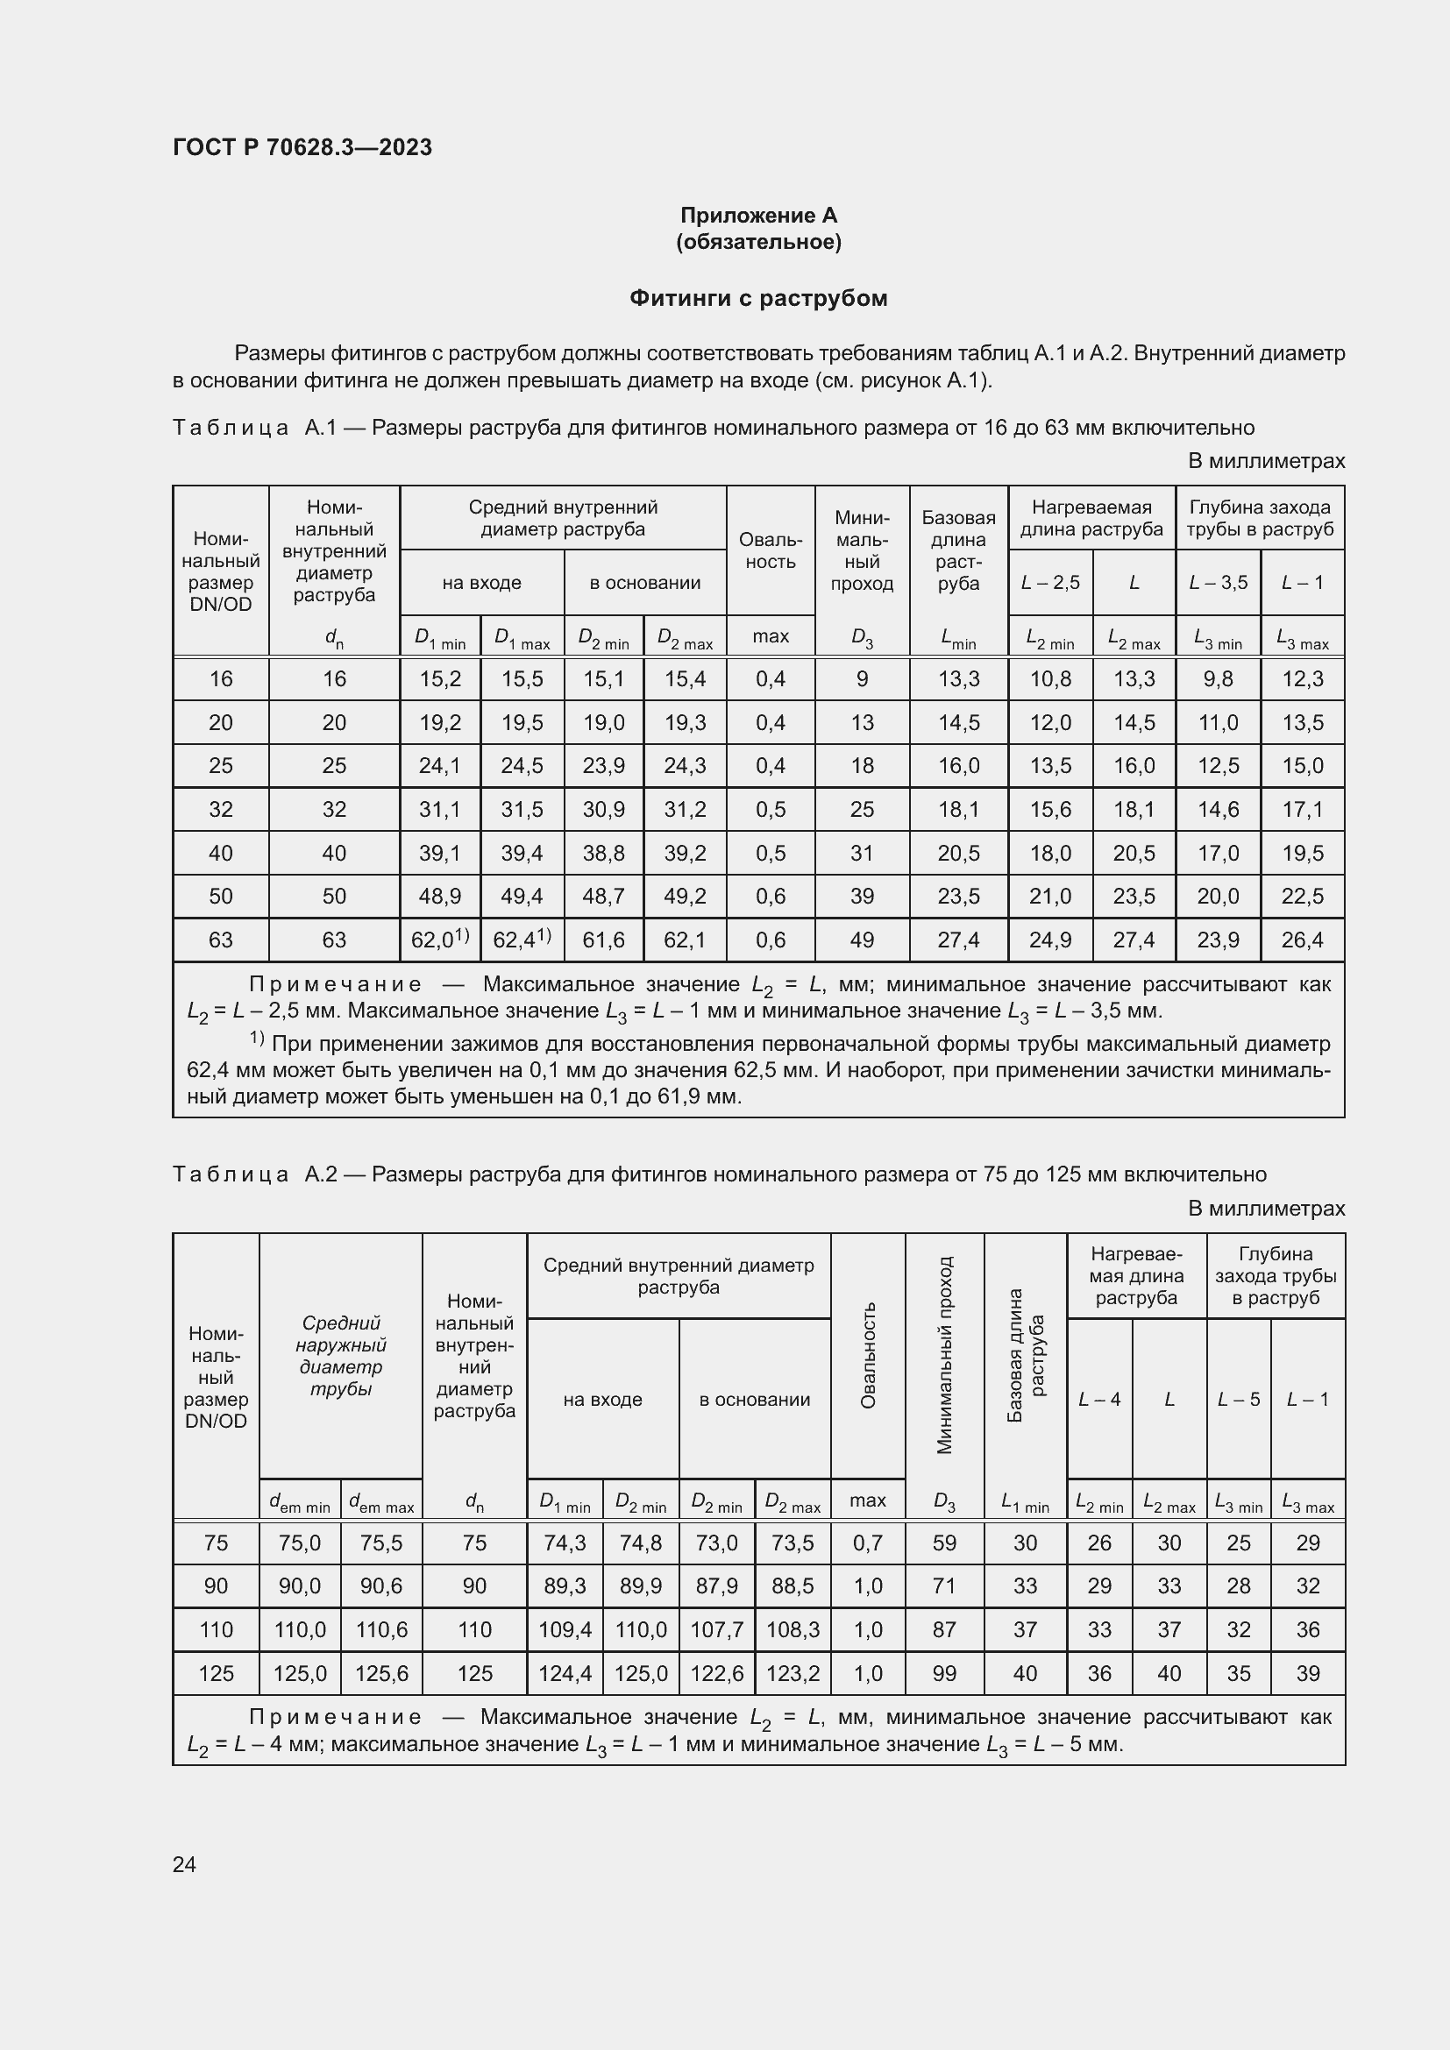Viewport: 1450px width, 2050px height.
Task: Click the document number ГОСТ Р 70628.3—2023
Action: click(x=302, y=147)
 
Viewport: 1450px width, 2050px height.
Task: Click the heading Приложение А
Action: click(x=758, y=216)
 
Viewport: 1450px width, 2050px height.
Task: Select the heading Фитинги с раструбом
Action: click(x=758, y=298)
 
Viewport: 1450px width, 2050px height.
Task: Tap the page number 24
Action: click(x=184, y=1864)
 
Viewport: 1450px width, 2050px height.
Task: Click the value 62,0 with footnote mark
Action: click(x=439, y=940)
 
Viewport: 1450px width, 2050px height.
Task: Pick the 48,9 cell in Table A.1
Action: click(x=439, y=896)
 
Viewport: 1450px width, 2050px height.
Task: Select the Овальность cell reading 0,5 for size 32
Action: click(x=770, y=809)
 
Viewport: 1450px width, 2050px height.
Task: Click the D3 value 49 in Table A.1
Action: click(x=862, y=940)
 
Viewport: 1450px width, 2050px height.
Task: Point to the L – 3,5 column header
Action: click(x=1217, y=582)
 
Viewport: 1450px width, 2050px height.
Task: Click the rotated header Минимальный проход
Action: click(x=945, y=1354)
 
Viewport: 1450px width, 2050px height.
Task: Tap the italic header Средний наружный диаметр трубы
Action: click(x=340, y=1355)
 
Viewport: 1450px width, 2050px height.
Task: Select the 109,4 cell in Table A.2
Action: click(x=565, y=1629)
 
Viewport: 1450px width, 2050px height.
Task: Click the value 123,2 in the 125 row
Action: click(x=792, y=1673)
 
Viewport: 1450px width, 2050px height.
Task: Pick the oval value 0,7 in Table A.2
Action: click(x=867, y=1543)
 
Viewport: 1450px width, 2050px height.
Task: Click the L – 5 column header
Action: click(x=1238, y=1399)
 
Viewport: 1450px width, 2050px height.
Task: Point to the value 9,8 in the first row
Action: click(x=1217, y=678)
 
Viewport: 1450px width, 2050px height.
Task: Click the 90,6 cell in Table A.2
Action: click(x=381, y=1585)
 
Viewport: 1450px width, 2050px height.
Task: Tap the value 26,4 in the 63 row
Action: click(x=1302, y=940)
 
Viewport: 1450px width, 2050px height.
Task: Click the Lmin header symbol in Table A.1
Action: click(x=958, y=637)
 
